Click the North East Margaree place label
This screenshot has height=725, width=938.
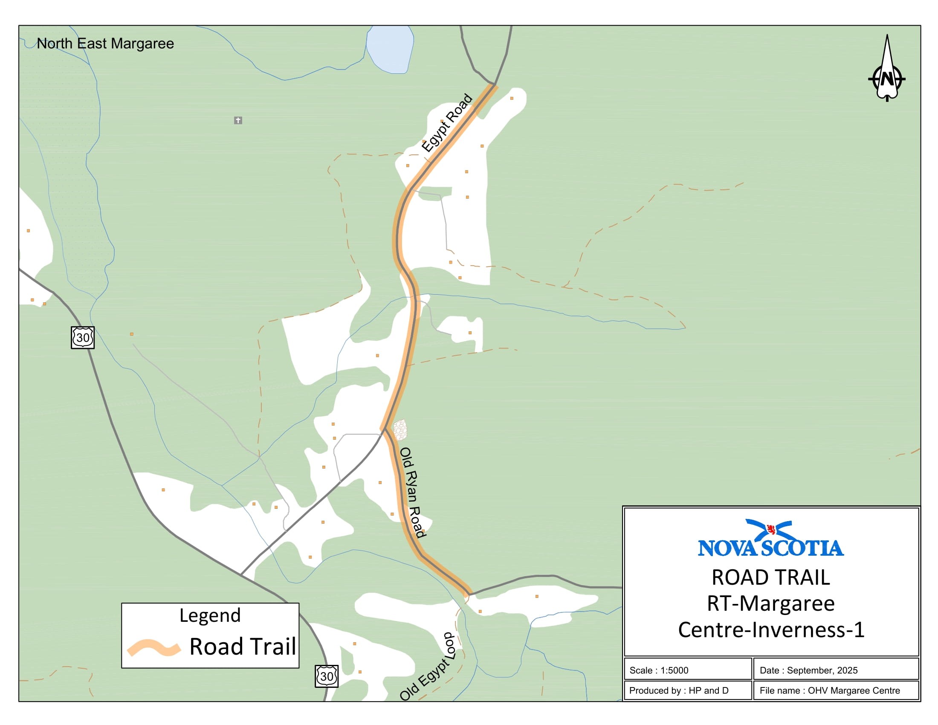(x=105, y=43)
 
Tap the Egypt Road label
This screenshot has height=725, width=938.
(x=447, y=123)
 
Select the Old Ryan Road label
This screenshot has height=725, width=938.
(x=411, y=492)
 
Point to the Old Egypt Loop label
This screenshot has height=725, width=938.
(x=427, y=667)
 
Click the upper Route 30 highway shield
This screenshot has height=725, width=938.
(x=82, y=337)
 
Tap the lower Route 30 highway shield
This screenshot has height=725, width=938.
(x=327, y=676)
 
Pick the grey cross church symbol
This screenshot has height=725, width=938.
(x=238, y=120)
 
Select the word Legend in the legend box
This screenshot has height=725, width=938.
(x=210, y=615)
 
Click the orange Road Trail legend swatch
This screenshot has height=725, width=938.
(x=153, y=647)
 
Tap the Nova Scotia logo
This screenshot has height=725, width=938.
(x=770, y=539)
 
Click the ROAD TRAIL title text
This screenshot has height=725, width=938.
(x=770, y=577)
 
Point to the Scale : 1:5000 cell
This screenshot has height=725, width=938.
(x=687, y=670)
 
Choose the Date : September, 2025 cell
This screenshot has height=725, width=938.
(x=835, y=670)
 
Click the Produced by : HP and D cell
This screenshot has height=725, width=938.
(x=687, y=690)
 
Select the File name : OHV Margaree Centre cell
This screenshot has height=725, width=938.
(x=835, y=690)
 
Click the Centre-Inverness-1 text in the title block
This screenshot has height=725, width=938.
(x=770, y=629)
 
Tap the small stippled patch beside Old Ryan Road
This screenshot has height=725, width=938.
(x=400, y=430)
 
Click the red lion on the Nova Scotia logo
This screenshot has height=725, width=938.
(x=770, y=529)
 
